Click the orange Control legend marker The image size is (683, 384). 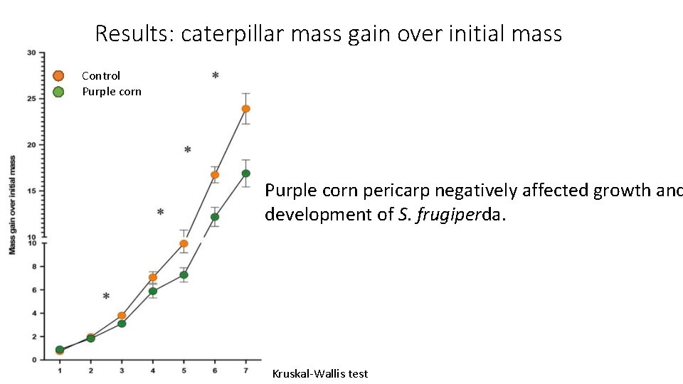pos(59,75)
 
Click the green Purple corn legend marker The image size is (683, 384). pos(59,92)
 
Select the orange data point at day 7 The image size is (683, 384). pos(245,109)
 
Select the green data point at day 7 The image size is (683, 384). pos(245,173)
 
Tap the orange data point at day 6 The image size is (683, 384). pos(215,175)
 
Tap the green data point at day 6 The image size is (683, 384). pos(215,217)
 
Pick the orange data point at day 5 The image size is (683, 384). pos(184,244)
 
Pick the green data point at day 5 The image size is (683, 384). pos(184,274)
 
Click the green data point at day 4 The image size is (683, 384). pos(153,291)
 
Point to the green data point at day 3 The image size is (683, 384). pos(122,324)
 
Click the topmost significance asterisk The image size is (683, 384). pos(216,76)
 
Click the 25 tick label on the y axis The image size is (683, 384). pos(32,99)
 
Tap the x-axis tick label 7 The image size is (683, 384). pos(245,370)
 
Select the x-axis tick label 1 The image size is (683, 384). pos(60,370)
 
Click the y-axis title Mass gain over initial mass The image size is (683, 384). pos(12,205)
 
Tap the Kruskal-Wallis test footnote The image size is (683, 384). pos(320,373)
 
